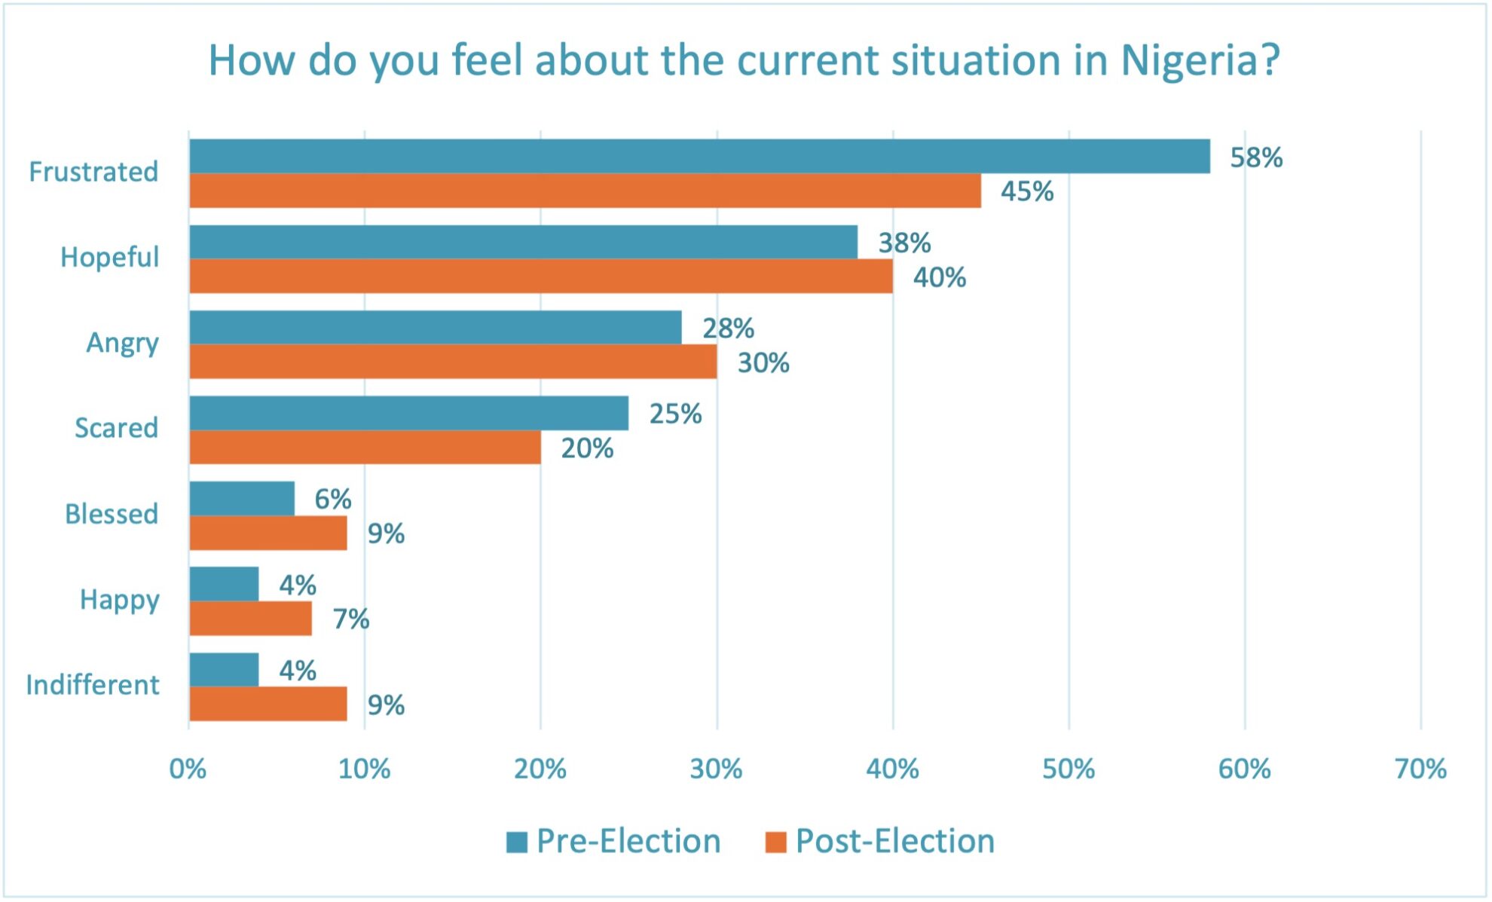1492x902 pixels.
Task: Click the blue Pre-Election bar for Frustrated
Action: click(699, 156)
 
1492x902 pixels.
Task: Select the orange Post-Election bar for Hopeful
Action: click(541, 276)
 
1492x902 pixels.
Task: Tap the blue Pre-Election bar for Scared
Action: click(408, 413)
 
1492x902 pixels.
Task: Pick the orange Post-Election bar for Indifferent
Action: click(268, 704)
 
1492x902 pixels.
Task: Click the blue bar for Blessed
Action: click(242, 498)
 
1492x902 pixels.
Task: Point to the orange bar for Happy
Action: click(250, 619)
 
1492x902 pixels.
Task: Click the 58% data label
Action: click(1255, 157)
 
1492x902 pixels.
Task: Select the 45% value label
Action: click(1026, 191)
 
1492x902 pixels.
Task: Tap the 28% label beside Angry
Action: click(728, 329)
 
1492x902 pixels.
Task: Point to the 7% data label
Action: click(350, 619)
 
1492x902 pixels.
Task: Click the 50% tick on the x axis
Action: click(1068, 769)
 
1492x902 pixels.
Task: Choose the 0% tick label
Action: click(188, 769)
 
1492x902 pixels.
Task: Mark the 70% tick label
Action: click(1420, 769)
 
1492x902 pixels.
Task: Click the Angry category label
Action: click(122, 343)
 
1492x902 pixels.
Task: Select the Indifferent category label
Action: click(93, 685)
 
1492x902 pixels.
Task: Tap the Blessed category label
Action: click(112, 514)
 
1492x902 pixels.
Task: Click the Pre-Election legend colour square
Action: click(517, 842)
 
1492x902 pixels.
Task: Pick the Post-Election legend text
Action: click(894, 841)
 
